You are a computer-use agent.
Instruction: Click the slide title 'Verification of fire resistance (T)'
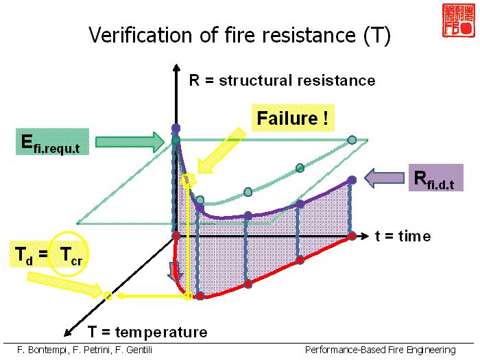pos(239,35)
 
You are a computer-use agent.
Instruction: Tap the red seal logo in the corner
pos(456,20)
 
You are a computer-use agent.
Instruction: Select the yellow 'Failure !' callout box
pos(291,119)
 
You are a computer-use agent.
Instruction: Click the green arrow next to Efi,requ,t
pos(130,141)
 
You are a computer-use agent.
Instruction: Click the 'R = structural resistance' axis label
pos(282,81)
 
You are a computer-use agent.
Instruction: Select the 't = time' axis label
pos(403,236)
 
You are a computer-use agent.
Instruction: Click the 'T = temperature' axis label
pos(147,333)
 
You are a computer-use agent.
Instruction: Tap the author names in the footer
pos(85,350)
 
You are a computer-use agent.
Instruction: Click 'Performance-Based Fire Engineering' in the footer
pos(381,350)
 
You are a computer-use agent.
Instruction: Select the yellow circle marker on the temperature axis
pos(108,296)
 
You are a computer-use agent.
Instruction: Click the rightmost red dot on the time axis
pos(352,236)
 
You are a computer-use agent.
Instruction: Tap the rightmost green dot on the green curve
pos(352,140)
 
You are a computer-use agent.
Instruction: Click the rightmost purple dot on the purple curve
pos(352,180)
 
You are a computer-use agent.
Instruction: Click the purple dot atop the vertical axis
pos(176,128)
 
